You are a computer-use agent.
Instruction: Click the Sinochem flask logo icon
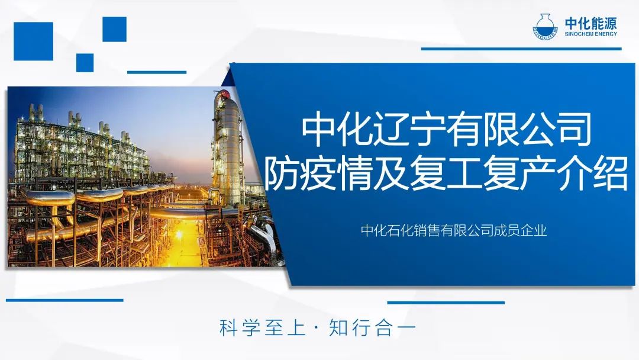pyautogui.click(x=546, y=27)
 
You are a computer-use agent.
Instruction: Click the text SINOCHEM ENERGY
pyautogui.click(x=591, y=34)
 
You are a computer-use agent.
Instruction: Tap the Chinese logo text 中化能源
pyautogui.click(x=591, y=23)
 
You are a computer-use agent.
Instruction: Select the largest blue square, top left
pyautogui.click(x=33, y=41)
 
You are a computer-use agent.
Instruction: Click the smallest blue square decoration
pyautogui.click(x=85, y=63)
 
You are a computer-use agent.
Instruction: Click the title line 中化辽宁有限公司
pyautogui.click(x=446, y=130)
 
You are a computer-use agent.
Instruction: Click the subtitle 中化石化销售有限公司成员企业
pyautogui.click(x=454, y=231)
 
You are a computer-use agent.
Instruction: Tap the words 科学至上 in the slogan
pyautogui.click(x=262, y=328)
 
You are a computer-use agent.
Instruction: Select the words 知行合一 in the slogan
pyautogui.click(x=372, y=328)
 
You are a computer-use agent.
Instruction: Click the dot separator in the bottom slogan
pyautogui.click(x=317, y=329)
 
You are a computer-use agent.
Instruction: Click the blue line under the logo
pyautogui.click(x=521, y=49)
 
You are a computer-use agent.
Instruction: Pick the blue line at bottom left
pyautogui.click(x=64, y=300)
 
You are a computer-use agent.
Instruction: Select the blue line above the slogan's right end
pyautogui.click(x=446, y=303)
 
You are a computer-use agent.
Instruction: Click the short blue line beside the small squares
pyautogui.click(x=157, y=73)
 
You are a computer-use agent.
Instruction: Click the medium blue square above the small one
pyautogui.click(x=115, y=30)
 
